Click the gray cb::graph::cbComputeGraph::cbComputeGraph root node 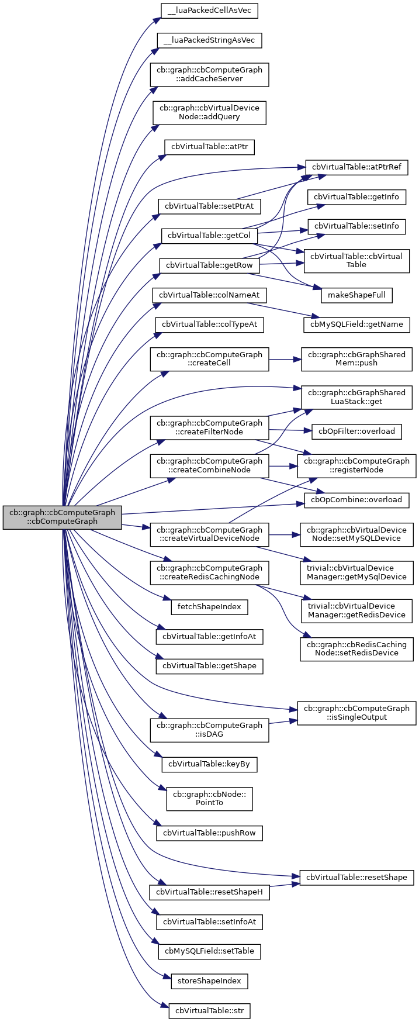(x=63, y=517)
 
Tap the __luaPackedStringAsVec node (x=209, y=40)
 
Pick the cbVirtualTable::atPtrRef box (x=356, y=167)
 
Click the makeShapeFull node (x=356, y=295)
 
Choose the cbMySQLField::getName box (x=356, y=324)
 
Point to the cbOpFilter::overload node (x=356, y=431)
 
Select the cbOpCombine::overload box (x=356, y=500)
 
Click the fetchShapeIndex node (x=209, y=607)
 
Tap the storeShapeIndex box (x=209, y=980)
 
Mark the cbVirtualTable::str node (x=209, y=1010)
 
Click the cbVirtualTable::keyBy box (x=209, y=764)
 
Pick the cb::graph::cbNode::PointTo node (x=209, y=799)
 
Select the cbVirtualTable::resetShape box (x=356, y=877)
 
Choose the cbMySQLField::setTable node (x=209, y=951)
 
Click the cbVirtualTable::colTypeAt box (x=209, y=324)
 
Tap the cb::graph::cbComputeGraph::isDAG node (x=209, y=730)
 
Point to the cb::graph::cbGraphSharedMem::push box (x=356, y=358)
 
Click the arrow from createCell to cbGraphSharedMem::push (x=284, y=359)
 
